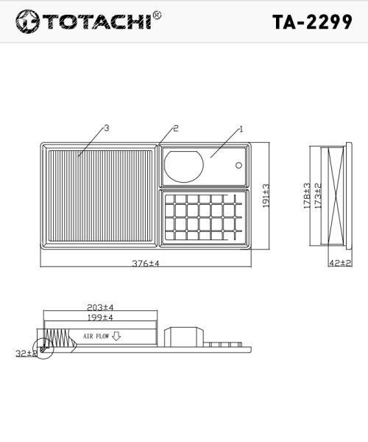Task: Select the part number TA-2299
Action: coord(311,21)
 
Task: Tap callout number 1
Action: coord(241,129)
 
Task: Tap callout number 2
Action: coord(176,128)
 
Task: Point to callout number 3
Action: coord(107,128)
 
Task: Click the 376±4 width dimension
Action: coord(146,263)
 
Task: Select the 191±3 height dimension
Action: coord(266,196)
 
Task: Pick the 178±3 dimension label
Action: coord(307,196)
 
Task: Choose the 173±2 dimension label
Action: coord(318,196)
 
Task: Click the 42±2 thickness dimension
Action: coord(340,263)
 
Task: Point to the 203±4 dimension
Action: coord(99,307)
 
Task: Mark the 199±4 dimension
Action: coord(99,318)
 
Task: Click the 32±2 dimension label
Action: coord(26,354)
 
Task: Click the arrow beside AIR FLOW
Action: coord(116,336)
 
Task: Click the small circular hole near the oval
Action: coord(238,165)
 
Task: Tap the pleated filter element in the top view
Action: coord(100,195)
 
